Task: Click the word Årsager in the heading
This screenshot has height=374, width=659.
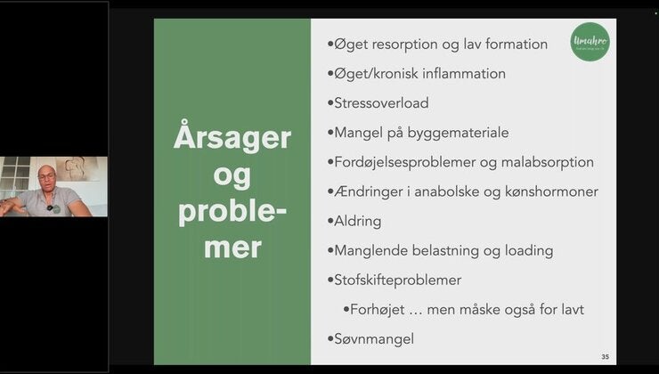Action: (232, 138)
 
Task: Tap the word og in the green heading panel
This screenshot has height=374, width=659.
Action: (232, 175)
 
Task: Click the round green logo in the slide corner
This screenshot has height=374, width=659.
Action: (590, 41)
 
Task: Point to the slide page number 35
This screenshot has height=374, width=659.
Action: (606, 357)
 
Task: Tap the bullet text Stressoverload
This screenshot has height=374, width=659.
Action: (381, 103)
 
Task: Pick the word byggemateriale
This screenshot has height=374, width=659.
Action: (454, 133)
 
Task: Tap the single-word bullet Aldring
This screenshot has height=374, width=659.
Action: (358, 221)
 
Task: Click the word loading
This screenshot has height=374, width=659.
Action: (525, 251)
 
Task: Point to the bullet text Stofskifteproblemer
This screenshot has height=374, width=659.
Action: (398, 280)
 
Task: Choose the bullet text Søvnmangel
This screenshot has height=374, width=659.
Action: (374, 338)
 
